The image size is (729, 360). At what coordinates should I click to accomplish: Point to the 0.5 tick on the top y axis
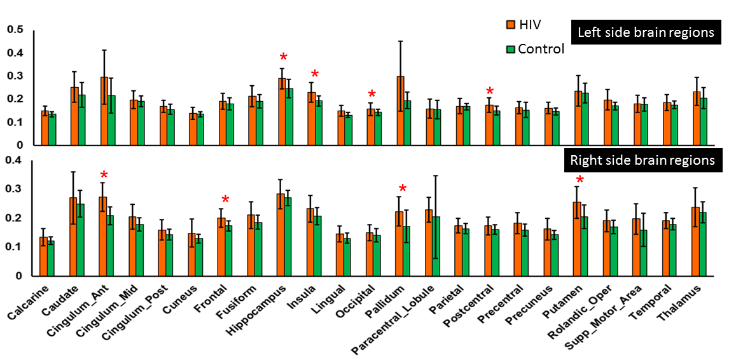[x=15, y=30]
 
